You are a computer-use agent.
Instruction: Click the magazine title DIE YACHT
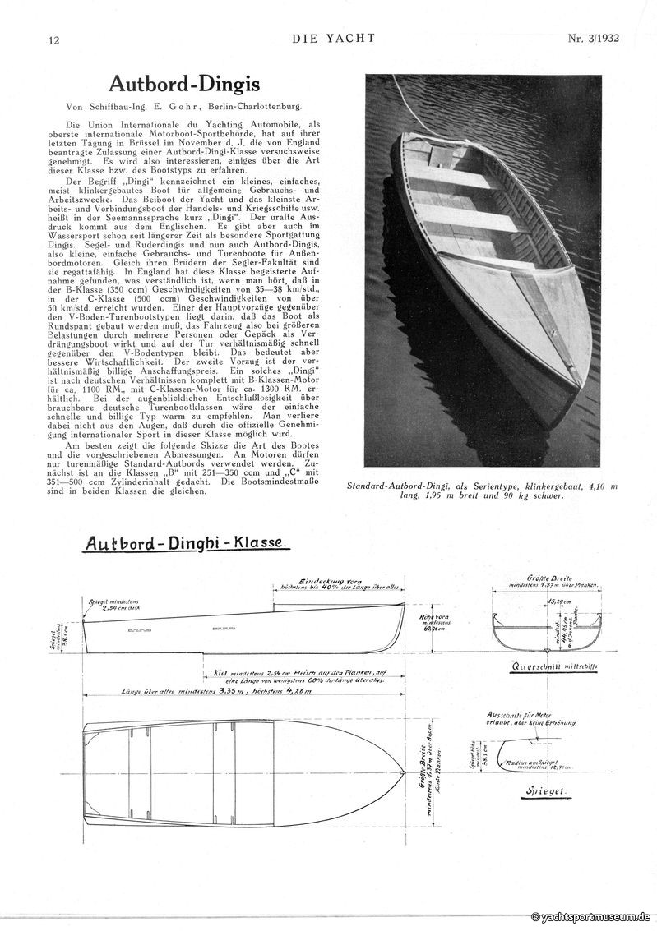point(333,38)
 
